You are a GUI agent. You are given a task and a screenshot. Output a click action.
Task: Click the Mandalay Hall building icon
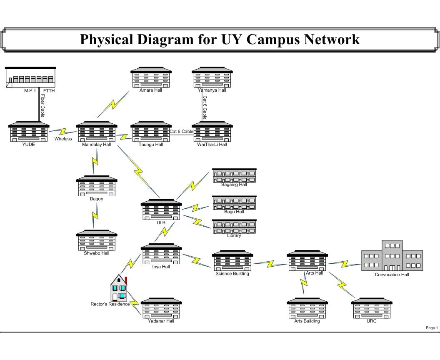[x=97, y=132]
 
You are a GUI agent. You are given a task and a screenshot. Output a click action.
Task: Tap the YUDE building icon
[x=29, y=132]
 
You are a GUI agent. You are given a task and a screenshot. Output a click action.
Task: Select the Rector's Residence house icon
[x=119, y=288]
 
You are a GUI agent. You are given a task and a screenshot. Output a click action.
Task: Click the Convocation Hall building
[x=392, y=256]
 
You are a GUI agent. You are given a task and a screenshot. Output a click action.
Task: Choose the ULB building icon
[x=161, y=210]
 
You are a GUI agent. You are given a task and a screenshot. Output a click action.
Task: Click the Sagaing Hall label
[x=234, y=185]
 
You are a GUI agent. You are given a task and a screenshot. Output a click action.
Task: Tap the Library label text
[x=234, y=235]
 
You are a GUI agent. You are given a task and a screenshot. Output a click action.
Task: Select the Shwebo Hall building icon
[x=97, y=240]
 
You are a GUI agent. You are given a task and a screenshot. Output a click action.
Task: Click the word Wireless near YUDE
[x=63, y=139]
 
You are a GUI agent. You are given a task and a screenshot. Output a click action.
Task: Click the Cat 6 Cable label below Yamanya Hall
[x=205, y=107]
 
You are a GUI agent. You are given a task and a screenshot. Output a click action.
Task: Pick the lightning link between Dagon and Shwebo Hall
[x=95, y=214]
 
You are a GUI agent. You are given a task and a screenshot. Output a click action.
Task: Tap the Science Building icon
[x=232, y=260]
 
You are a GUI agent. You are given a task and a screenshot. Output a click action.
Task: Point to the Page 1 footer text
[x=432, y=328]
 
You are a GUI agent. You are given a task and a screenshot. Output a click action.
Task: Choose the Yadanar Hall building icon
[x=161, y=308]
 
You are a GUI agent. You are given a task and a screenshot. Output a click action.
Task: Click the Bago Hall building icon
[x=234, y=203]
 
